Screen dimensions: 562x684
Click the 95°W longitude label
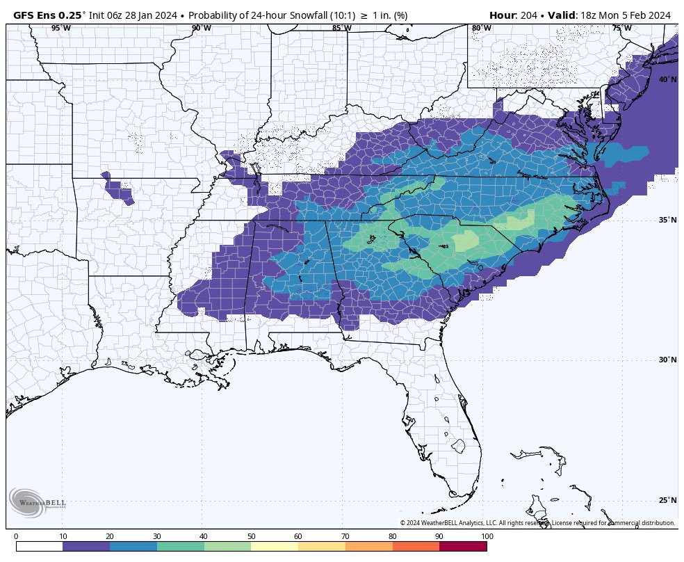click(60, 29)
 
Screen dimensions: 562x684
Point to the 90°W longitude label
click(201, 29)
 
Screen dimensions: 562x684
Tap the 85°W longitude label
click(341, 29)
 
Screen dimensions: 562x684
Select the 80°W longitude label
click(481, 29)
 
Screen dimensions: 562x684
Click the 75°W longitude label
click(621, 29)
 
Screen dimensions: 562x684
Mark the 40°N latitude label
click(667, 80)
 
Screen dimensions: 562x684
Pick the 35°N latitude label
click(667, 220)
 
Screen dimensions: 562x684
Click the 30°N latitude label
click(667, 360)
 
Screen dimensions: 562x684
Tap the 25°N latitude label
click(667, 501)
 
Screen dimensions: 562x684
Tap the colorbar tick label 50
click(251, 536)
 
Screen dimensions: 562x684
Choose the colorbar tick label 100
click(487, 536)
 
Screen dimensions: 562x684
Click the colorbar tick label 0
click(16, 536)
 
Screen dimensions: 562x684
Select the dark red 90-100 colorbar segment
click(463, 547)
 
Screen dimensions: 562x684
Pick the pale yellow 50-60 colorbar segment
click(275, 547)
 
